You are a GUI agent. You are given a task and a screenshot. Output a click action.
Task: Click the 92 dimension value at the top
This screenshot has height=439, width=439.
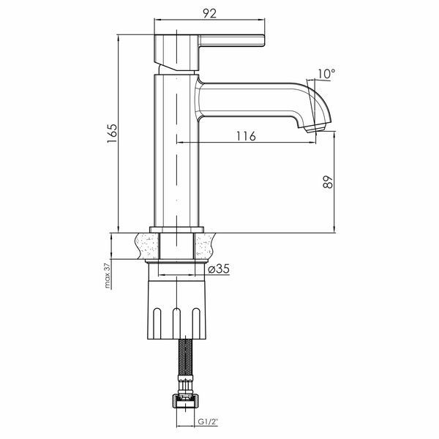click(x=210, y=13)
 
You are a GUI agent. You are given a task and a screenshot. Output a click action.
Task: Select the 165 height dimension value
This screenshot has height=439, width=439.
click(x=112, y=133)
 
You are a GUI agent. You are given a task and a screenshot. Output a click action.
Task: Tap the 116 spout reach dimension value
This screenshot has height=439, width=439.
click(x=246, y=136)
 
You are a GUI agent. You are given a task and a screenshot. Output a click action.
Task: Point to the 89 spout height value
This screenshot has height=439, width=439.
click(x=328, y=182)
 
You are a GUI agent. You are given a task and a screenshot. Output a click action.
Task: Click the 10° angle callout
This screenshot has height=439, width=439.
click(x=326, y=74)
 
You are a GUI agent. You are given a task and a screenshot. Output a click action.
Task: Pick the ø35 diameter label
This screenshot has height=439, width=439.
click(x=219, y=269)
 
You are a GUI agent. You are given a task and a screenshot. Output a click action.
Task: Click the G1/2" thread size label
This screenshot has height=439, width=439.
click(x=208, y=421)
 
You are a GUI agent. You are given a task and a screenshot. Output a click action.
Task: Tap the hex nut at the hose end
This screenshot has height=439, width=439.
click(x=185, y=402)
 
